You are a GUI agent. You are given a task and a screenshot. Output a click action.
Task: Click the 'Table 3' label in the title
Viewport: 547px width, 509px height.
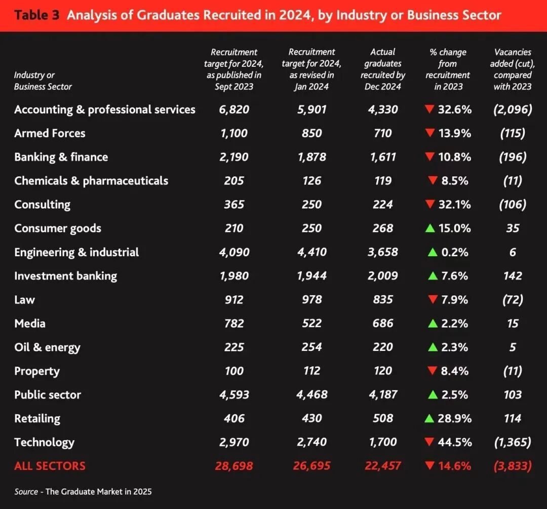click(37, 15)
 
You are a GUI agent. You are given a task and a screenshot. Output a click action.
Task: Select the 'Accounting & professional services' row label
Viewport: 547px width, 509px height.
click(104, 110)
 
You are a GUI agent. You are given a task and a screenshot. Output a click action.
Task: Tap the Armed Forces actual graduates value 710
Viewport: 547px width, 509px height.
click(382, 133)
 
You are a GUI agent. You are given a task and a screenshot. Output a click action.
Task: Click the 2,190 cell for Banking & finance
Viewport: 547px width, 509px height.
click(233, 157)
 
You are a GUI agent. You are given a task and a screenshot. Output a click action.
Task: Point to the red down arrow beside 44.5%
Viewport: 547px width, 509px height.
click(430, 442)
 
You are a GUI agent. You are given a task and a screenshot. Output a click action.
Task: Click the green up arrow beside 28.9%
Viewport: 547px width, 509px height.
click(430, 418)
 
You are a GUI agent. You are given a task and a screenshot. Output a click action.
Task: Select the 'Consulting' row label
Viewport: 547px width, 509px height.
click(42, 205)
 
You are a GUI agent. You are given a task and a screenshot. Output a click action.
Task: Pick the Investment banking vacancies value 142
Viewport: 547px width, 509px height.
click(513, 276)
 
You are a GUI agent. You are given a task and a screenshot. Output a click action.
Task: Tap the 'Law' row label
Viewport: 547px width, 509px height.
click(24, 300)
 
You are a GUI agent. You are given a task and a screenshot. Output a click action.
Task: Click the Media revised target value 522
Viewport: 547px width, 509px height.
click(311, 324)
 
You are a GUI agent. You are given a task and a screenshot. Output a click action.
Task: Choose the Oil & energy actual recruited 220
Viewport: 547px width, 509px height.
click(382, 347)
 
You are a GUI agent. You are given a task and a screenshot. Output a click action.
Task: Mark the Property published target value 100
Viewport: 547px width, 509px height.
click(233, 371)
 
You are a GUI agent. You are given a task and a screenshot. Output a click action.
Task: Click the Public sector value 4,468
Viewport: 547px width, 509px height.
click(311, 395)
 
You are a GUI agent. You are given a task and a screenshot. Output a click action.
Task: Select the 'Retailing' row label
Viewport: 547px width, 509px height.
click(37, 419)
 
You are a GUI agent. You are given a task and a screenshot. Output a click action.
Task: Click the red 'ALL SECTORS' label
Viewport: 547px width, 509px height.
click(50, 466)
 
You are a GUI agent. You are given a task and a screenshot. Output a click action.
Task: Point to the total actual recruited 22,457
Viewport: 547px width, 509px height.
click(382, 466)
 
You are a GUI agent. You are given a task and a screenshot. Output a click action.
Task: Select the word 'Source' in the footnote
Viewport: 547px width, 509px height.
click(26, 491)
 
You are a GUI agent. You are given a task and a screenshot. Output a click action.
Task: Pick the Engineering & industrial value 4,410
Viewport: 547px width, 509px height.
click(311, 252)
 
